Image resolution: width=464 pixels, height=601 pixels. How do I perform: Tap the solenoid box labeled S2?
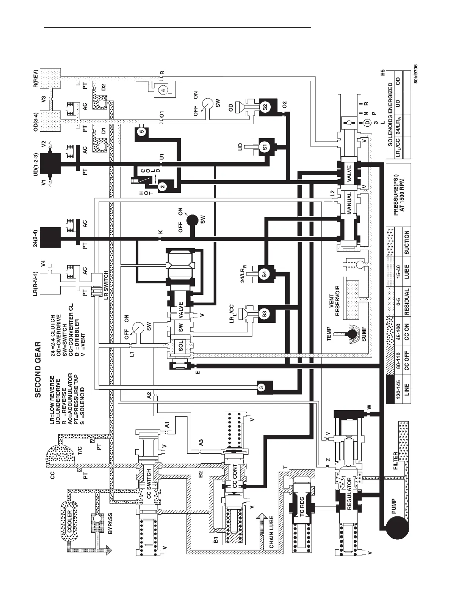[265, 105]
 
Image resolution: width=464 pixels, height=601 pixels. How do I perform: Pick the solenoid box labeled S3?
[265, 314]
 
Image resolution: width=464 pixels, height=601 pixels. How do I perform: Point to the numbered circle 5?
[141, 132]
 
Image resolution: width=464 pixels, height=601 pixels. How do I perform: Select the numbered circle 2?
[162, 186]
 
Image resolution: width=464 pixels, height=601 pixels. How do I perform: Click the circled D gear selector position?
[367, 123]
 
